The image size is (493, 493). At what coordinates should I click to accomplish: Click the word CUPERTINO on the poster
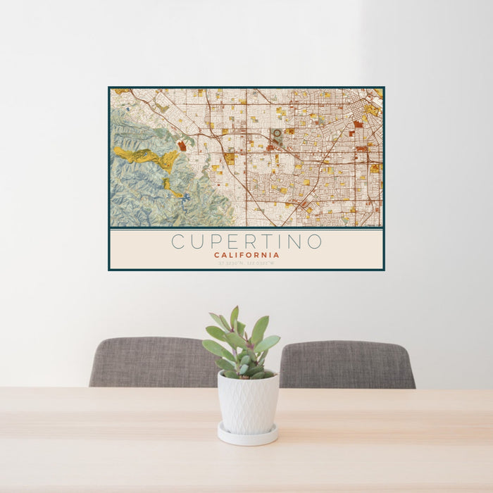246,242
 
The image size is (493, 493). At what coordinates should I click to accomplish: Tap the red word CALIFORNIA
246,255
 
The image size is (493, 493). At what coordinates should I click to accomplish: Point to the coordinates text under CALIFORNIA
246,263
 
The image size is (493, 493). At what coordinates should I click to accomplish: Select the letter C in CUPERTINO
179,242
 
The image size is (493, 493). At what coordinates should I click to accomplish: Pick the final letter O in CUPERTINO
314,242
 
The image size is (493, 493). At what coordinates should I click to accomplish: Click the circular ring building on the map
277,132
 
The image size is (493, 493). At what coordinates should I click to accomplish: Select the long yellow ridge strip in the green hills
145,156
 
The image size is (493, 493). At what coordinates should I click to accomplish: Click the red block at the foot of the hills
182,146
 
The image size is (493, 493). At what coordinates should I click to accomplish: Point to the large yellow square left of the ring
229,158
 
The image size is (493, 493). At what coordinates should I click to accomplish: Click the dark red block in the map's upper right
358,124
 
